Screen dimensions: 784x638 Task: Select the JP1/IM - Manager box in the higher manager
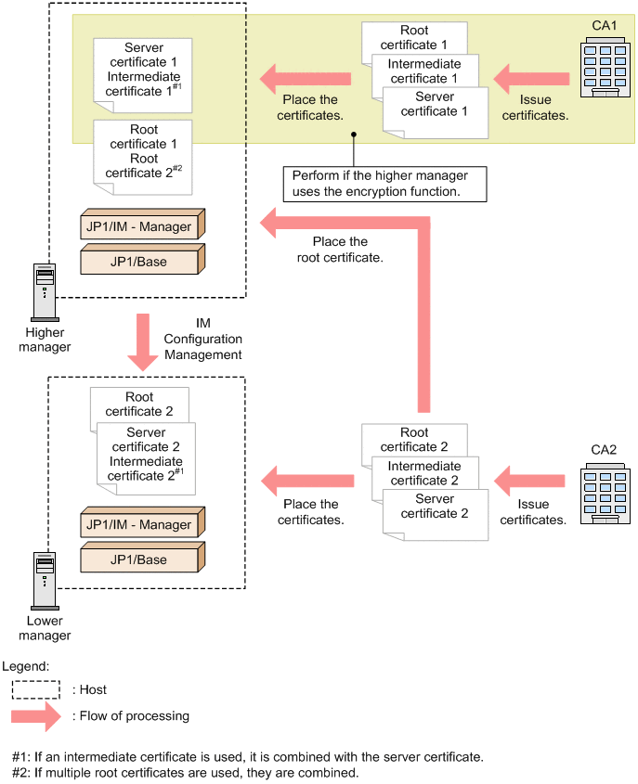[142, 227]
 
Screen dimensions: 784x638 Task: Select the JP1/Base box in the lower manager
[142, 559]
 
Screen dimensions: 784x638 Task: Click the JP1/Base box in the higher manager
[142, 262]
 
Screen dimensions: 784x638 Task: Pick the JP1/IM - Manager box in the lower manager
[142, 524]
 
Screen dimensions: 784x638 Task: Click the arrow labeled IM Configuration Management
[143, 341]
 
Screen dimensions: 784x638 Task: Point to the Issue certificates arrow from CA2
[529, 482]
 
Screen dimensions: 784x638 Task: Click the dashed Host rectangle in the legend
[34, 689]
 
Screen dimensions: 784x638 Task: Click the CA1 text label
[604, 25]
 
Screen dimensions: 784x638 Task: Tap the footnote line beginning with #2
[185, 772]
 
